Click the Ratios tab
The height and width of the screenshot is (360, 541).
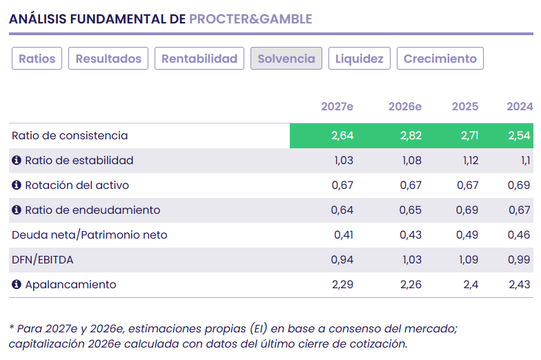[37, 59]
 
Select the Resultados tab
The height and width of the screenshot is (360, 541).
[108, 59]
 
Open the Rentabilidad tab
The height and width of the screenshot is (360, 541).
[199, 59]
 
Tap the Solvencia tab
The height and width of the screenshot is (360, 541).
[286, 59]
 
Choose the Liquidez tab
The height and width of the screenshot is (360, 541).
[360, 59]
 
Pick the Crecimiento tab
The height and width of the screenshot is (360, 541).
[440, 59]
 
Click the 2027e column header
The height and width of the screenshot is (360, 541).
[337, 107]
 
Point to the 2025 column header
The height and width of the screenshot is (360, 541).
[465, 107]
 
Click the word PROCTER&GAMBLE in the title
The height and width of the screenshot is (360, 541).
[250, 19]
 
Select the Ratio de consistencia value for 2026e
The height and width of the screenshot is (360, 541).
[411, 136]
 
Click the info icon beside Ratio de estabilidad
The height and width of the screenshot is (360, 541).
[17, 161]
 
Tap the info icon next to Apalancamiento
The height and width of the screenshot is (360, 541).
[17, 285]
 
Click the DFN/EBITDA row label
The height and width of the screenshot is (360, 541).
[43, 260]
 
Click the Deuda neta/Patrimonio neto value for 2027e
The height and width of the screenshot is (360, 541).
[344, 235]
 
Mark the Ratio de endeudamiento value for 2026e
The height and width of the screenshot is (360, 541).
[411, 210]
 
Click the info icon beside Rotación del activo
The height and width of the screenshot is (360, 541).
[17, 186]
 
